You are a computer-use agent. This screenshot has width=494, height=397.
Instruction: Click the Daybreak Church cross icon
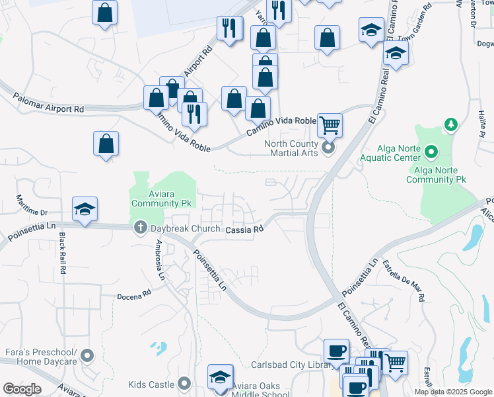(x=140, y=228)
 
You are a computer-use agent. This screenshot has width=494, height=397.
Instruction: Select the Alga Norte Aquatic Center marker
(x=432, y=153)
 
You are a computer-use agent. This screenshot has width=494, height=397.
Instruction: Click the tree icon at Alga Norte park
(x=451, y=124)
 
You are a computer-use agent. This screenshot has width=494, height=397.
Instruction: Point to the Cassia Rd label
(x=245, y=230)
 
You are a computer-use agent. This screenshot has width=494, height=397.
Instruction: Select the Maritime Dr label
(x=32, y=206)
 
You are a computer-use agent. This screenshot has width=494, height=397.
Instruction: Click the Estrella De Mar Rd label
(x=403, y=278)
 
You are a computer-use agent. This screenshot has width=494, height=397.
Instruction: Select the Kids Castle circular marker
(x=184, y=383)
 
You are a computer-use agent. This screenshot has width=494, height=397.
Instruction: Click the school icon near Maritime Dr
(x=85, y=209)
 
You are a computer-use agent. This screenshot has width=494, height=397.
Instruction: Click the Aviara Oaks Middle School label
(x=260, y=390)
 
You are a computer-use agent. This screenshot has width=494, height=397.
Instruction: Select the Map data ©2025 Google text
(x=453, y=392)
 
